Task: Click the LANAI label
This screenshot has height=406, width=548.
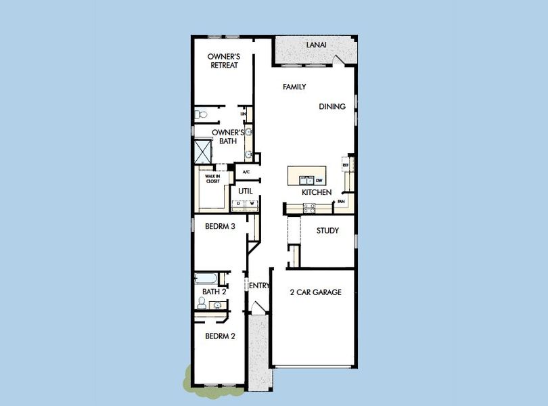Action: tap(316, 45)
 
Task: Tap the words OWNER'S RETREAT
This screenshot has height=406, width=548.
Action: tap(223, 62)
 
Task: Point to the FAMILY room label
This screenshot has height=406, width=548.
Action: tap(294, 87)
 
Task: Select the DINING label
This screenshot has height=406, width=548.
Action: tap(332, 106)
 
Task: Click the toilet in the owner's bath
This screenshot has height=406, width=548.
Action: tap(200, 114)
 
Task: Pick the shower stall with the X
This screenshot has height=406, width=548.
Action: tap(202, 151)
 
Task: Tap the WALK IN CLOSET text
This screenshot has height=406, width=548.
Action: tap(213, 179)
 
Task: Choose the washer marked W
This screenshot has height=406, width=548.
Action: tap(251, 203)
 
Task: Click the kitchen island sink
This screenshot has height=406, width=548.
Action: tap(306, 180)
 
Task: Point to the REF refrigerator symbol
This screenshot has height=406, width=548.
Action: tap(345, 165)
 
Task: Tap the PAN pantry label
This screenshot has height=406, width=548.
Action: tap(342, 202)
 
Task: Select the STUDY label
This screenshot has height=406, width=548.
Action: tap(328, 231)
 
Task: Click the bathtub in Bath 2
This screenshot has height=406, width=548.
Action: tap(206, 278)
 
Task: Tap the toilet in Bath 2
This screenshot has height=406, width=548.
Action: tap(203, 302)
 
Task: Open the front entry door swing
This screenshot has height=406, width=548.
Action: tap(257, 307)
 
